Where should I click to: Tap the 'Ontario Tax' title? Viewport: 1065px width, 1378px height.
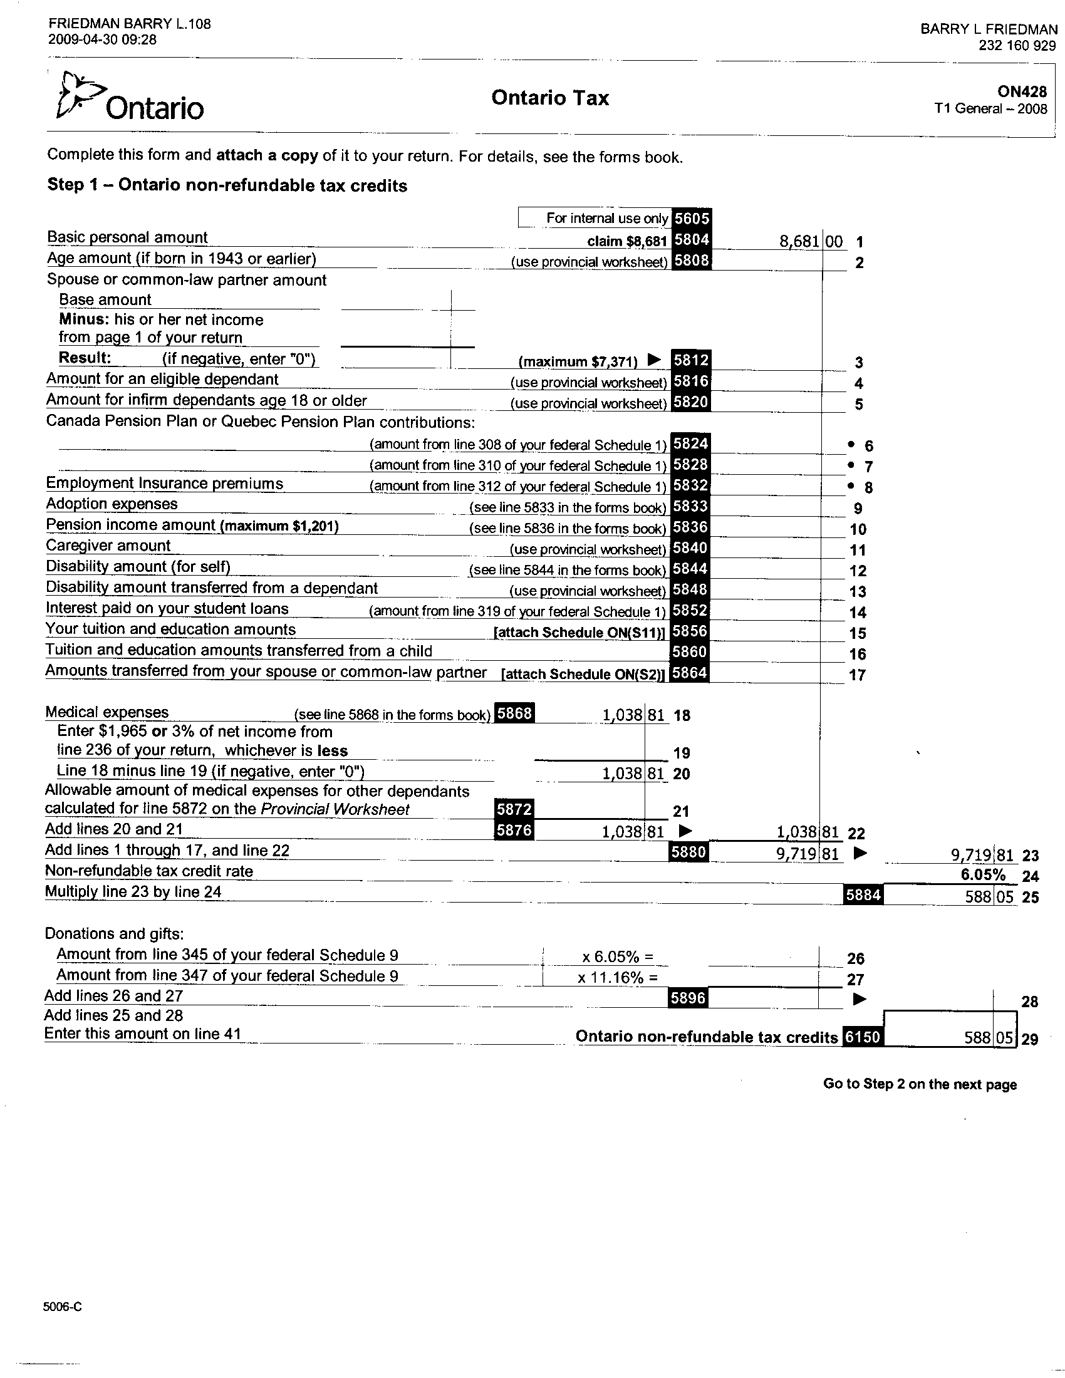(x=549, y=98)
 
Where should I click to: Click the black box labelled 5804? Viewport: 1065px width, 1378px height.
(x=691, y=240)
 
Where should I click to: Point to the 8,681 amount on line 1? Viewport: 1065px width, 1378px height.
(x=799, y=241)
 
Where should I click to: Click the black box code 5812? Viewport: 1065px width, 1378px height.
(x=691, y=360)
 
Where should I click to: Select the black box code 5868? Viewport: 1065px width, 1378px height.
(x=514, y=713)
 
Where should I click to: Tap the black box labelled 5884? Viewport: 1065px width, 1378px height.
(x=863, y=894)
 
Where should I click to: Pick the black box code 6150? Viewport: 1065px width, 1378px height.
(x=863, y=1036)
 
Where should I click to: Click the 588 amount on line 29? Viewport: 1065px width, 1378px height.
(x=977, y=1037)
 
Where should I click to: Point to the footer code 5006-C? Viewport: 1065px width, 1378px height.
(x=63, y=1306)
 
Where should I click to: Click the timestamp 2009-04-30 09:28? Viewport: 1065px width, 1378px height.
(x=102, y=39)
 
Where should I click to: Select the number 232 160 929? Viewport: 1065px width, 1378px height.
(x=1017, y=46)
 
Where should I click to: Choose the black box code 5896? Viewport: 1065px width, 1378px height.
(x=688, y=997)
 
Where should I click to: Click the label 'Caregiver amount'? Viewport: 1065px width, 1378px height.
(x=108, y=546)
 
